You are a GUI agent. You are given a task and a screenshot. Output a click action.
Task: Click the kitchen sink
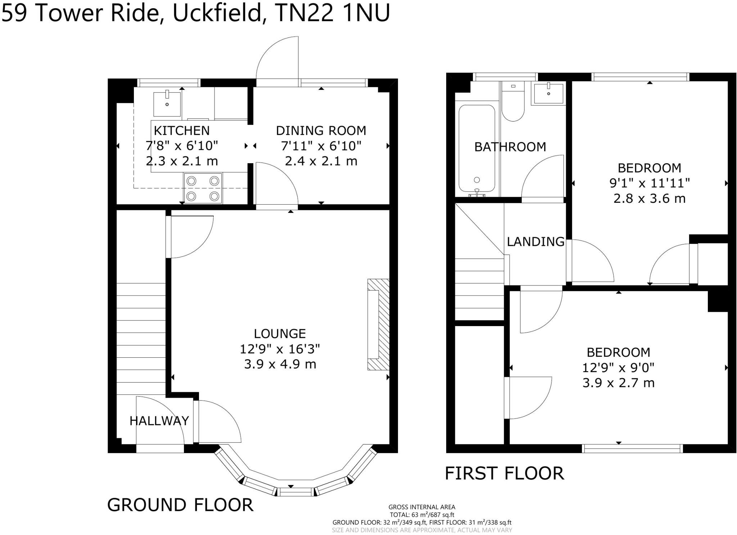tap(167, 104)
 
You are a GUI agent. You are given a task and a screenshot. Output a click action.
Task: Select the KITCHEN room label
tap(182, 131)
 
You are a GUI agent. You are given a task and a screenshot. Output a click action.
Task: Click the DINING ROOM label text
tap(321, 131)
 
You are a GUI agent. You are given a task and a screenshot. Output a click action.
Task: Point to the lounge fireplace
tap(378, 324)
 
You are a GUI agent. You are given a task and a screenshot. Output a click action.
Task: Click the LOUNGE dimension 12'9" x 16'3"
tap(280, 349)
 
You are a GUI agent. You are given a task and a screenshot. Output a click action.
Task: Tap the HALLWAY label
tap(159, 421)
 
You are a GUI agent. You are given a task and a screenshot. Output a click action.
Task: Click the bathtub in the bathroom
tap(477, 148)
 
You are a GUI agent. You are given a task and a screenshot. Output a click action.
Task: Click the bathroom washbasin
tap(548, 93)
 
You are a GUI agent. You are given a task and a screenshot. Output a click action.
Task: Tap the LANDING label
tap(535, 242)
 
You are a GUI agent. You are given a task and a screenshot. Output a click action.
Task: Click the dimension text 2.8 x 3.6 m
tap(649, 198)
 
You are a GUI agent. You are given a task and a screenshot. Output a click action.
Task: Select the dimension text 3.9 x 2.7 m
tap(618, 383)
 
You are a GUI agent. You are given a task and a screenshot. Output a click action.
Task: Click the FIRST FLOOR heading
tap(504, 473)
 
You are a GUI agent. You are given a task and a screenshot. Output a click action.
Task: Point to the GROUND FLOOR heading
tap(180, 505)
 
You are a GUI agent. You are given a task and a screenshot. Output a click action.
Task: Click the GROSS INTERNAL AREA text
tap(422, 507)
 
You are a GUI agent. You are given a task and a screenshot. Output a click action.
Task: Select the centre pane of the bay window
tap(296, 491)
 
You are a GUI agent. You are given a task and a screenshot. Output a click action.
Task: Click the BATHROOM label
tap(510, 147)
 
